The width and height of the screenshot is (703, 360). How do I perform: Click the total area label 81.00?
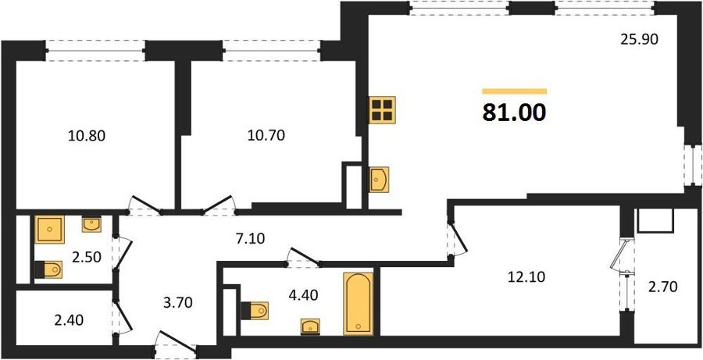pos(514,112)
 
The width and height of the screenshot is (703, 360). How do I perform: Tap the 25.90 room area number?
pos(639,40)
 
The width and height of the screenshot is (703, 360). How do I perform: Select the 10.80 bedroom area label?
pos(87,135)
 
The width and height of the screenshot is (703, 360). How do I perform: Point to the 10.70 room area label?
pos(266,135)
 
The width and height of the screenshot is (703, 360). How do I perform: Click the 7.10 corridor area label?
pos(249,239)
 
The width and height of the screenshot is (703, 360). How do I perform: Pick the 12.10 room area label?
pos(526,277)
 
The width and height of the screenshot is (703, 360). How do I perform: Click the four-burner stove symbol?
pos(383,110)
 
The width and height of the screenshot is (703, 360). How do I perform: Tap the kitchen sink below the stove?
pos(379,180)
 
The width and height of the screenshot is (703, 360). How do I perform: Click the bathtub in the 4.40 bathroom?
pos(359,304)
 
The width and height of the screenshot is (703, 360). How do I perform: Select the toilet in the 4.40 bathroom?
pos(255,311)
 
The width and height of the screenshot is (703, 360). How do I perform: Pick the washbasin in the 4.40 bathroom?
pos(310,327)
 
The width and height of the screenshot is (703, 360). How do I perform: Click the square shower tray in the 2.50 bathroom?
pos(49,229)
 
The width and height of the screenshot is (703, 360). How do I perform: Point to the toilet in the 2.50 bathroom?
pos(48,269)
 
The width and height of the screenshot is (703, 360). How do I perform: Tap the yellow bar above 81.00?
pos(514,91)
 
